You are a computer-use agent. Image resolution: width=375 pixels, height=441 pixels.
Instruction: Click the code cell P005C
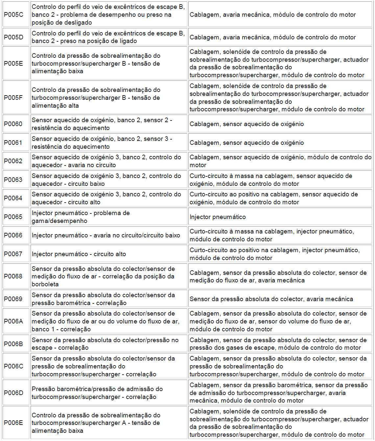point(14,15)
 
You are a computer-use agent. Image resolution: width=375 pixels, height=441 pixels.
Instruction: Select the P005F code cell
point(13,98)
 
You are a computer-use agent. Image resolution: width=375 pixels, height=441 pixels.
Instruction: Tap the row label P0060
point(13,124)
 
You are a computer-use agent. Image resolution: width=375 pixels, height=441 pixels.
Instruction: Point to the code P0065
point(13,217)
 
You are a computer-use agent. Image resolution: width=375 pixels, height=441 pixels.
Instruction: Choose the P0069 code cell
point(13,299)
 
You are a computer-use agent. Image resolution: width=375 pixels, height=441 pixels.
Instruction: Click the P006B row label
point(14,344)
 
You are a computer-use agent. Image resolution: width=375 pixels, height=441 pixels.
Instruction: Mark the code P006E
point(14,423)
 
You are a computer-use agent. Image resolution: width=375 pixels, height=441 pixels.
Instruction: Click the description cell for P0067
point(109,254)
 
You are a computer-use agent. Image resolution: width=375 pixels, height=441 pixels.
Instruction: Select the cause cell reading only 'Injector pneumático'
point(280,217)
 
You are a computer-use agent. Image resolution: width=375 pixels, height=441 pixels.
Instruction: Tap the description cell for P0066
point(109,235)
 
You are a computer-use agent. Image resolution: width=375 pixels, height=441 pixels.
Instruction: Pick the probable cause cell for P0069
point(280,299)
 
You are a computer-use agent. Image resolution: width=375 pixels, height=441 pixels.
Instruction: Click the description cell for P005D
point(109,37)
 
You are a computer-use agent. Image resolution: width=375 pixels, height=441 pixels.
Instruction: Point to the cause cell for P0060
point(280,124)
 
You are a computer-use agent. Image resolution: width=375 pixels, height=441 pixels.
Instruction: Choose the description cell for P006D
point(109,393)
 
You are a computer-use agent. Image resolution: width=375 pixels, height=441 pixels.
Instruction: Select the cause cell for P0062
point(280,161)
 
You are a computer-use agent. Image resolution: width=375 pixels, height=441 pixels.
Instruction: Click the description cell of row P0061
point(109,143)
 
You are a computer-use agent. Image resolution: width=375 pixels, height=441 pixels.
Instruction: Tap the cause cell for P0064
point(280,198)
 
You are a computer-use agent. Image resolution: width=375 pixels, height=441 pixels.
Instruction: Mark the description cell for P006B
point(109,344)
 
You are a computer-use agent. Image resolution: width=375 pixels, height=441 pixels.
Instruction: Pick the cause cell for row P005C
point(280,15)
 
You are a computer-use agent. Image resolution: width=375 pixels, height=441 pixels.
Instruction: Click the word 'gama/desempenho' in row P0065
point(59,221)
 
